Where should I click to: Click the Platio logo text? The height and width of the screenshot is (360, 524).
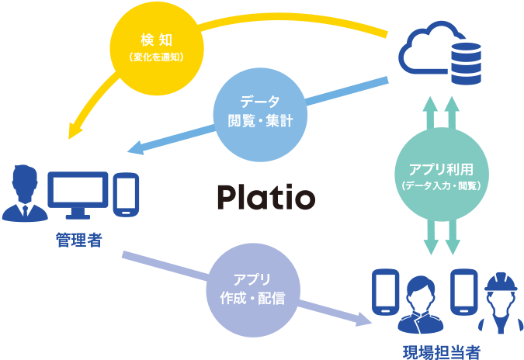[x=265, y=198]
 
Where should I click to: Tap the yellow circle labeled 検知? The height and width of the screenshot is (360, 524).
[x=157, y=48]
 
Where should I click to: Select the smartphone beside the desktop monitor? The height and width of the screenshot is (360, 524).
[x=126, y=194]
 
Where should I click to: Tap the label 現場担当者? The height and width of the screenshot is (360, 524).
[x=442, y=351]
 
